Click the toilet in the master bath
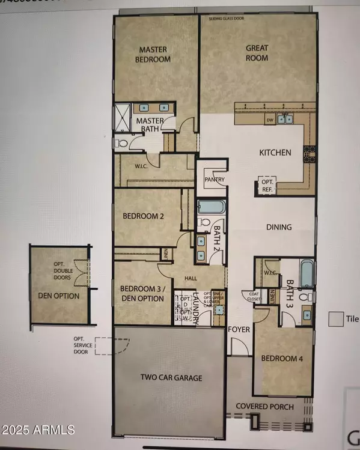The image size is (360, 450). tap(121, 144)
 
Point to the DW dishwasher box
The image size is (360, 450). tap(270, 120)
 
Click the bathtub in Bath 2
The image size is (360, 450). tap(210, 208)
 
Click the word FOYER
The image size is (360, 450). tap(239, 329)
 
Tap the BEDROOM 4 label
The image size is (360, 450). tap(282, 359)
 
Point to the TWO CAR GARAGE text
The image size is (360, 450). tap(171, 378)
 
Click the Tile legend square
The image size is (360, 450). tap(335, 318)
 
